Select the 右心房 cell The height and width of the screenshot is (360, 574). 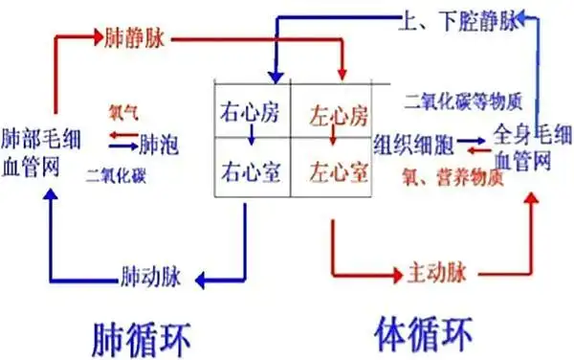[x=250, y=107]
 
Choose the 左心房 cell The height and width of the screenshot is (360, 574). [x=338, y=117]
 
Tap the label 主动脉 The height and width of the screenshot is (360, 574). [x=428, y=272]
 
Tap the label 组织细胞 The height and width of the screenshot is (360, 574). [x=410, y=143]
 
